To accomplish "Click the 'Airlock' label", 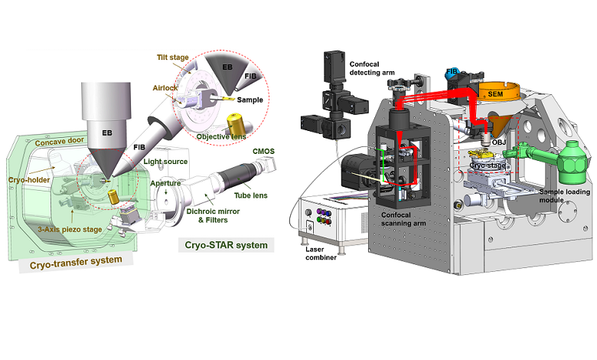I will click(167, 88).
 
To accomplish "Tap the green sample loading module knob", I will click(572, 160).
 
